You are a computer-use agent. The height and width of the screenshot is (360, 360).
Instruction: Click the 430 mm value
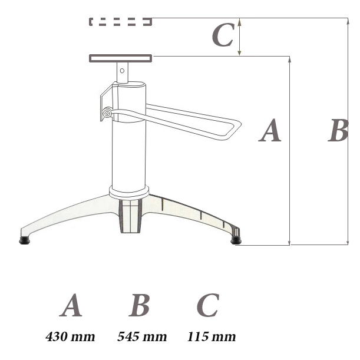(x=70, y=337)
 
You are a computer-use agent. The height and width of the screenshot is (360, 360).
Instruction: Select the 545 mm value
(x=142, y=337)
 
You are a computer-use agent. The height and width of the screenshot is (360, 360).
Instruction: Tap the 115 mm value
(x=212, y=337)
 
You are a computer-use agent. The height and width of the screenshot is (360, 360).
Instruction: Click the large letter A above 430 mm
(x=71, y=305)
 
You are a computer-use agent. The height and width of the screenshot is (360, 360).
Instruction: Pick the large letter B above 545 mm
(x=140, y=305)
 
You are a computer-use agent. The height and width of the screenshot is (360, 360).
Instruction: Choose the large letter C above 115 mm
(x=208, y=305)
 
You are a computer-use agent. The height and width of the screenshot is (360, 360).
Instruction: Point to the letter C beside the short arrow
(x=223, y=35)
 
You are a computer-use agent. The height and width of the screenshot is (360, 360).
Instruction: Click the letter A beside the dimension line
(x=270, y=130)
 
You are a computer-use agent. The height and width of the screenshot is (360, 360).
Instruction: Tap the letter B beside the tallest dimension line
(x=338, y=130)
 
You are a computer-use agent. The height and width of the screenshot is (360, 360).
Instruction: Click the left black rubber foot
(x=25, y=240)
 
